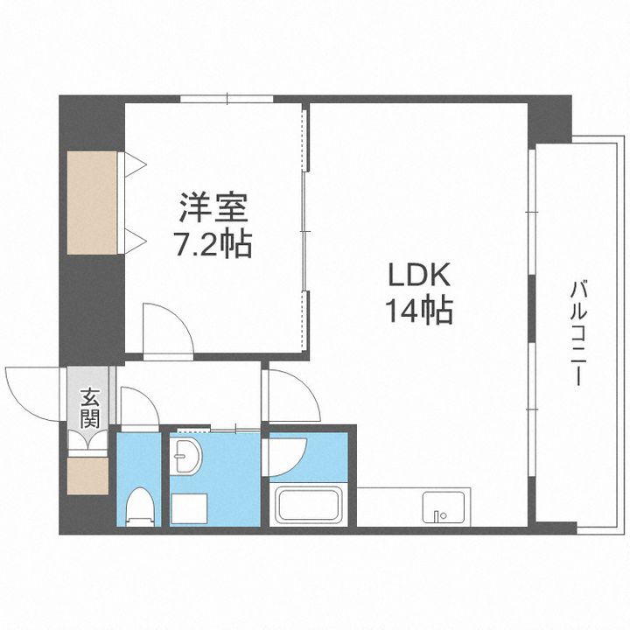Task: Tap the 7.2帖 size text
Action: [214, 244]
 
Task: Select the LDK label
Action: [419, 276]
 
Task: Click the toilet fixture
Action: [139, 505]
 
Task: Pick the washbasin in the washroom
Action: [187, 456]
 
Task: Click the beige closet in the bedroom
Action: [93, 204]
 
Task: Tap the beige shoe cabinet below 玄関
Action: [88, 476]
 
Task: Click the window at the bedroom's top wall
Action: [225, 98]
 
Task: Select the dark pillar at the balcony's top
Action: [551, 117]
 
